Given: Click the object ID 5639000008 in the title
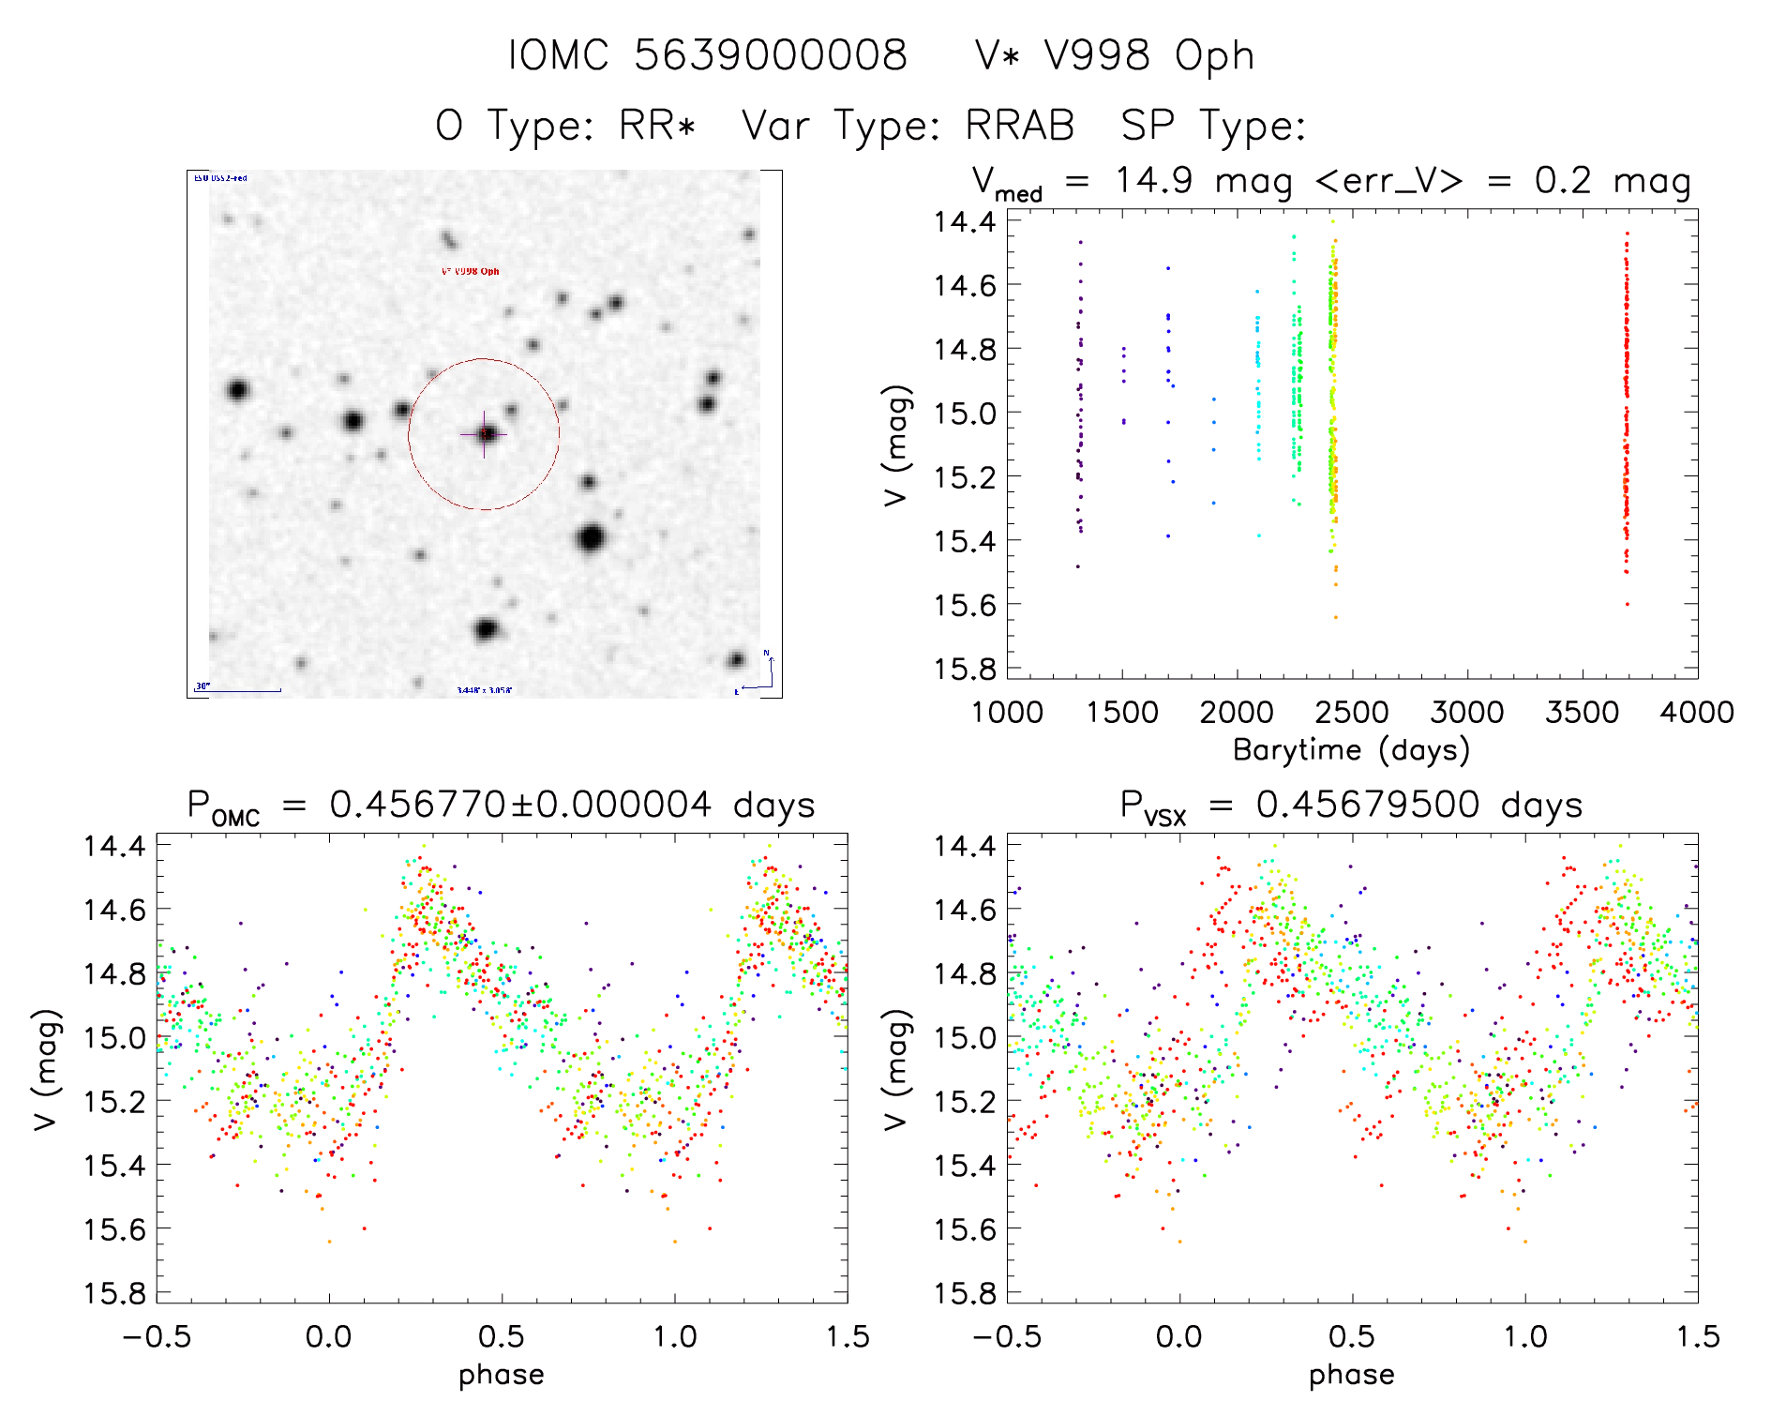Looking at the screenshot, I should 771,55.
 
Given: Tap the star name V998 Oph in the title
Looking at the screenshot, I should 1148,56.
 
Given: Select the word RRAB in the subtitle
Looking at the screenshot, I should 1019,126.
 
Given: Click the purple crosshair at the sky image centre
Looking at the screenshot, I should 484,434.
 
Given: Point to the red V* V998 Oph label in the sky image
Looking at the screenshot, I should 471,271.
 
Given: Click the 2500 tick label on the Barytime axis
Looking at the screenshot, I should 1352,713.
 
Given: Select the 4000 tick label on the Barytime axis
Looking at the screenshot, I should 1696,713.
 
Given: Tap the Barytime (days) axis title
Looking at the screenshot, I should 1351,750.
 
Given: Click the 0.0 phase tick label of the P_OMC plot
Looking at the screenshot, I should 329,1337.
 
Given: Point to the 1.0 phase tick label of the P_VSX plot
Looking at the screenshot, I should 1525,1337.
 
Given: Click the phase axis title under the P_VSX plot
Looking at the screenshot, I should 1351,1375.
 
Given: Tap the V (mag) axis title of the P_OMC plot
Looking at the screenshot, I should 47,1069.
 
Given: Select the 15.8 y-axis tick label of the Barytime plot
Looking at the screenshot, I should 965,669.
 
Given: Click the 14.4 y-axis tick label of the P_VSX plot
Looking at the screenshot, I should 965,846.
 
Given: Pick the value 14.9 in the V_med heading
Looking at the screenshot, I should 1153,180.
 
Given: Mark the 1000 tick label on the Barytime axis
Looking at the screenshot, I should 1007,713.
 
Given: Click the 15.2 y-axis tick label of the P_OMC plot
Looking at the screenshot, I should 114,1101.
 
